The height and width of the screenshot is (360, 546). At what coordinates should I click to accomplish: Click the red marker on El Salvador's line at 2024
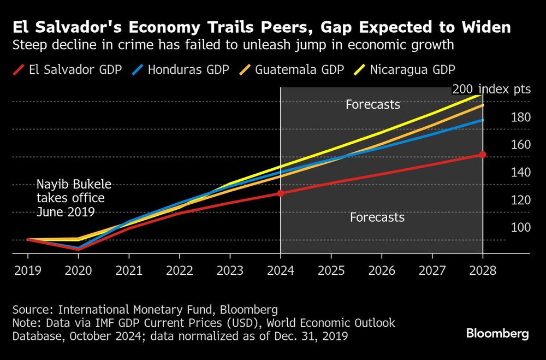[281, 193]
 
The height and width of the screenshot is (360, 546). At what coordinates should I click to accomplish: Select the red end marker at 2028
[483, 155]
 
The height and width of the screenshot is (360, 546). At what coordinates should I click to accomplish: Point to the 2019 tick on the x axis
[27, 270]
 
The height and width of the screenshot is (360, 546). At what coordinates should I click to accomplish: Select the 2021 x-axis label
[129, 270]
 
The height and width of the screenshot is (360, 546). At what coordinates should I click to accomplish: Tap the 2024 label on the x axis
[281, 270]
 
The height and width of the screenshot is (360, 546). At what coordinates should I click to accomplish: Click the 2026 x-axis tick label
[382, 270]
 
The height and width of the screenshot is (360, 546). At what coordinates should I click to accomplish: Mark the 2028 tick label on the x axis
[483, 270]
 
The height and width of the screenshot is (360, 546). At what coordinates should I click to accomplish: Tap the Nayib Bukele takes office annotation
[73, 198]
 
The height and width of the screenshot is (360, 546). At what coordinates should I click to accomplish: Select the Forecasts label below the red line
[377, 217]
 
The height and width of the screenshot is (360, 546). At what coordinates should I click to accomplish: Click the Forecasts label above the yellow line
[373, 104]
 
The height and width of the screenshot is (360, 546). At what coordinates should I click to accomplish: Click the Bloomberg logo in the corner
[497, 334]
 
